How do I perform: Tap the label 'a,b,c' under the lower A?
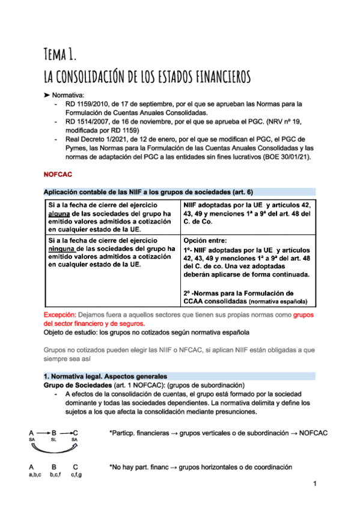35,475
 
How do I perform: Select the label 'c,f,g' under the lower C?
76,475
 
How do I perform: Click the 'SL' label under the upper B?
53,440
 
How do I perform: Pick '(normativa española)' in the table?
278,301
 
